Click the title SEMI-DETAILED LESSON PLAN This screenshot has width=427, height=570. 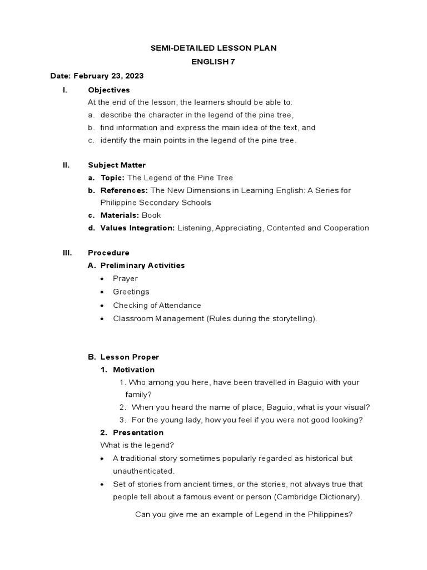[213, 48]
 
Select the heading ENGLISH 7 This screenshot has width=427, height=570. [213, 62]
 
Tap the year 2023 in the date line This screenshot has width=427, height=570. [135, 76]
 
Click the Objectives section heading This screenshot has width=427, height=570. [108, 90]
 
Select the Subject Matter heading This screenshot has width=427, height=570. [117, 165]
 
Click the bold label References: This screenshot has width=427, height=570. [124, 190]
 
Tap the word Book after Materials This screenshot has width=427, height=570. [151, 215]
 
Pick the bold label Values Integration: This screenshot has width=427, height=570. [137, 228]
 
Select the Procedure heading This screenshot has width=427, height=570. [108, 253]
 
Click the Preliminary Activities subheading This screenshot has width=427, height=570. [142, 266]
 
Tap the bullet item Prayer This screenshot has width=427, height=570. [125, 278]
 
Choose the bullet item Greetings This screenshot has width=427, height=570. [131, 292]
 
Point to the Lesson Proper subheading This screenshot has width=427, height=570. [130, 357]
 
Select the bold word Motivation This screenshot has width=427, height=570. [133, 370]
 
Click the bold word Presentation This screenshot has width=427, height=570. [138, 433]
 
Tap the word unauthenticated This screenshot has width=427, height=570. [143, 471]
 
